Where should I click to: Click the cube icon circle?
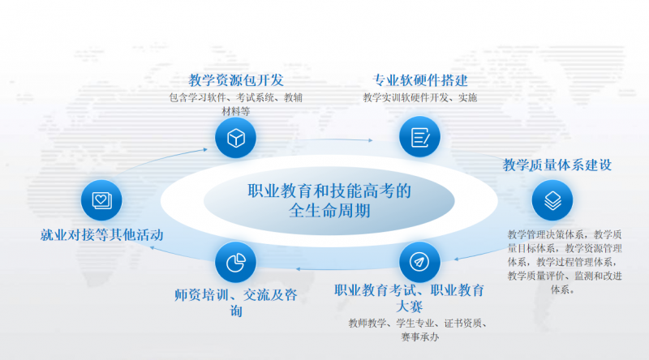tap(235, 137)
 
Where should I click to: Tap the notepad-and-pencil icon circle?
tap(419, 137)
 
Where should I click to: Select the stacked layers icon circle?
tap(552, 200)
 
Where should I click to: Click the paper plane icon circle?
tap(419, 262)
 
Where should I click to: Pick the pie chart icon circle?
tap(235, 263)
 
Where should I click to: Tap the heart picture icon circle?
tap(101, 200)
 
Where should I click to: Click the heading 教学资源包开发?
tap(236, 80)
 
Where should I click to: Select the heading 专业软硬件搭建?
tap(420, 80)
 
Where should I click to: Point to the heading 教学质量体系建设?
tap(557, 165)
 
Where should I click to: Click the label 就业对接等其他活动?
tap(102, 235)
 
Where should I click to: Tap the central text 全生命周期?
tap(329, 211)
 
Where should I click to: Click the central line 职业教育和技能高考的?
tap(329, 191)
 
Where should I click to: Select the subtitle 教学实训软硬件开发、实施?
tap(420, 97)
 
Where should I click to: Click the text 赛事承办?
tap(419, 337)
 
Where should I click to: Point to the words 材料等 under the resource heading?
tap(236, 111)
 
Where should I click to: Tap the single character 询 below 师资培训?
tap(236, 311)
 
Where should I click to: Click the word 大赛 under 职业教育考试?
tap(409, 306)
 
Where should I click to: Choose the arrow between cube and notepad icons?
tap(335, 139)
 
